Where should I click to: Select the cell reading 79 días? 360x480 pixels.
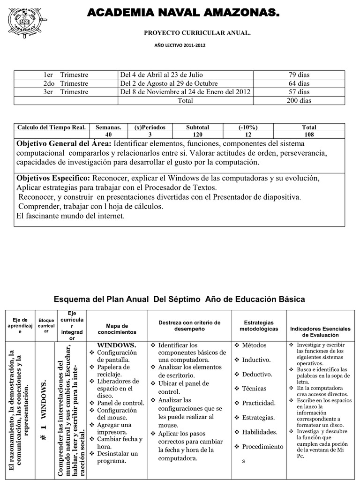(299, 75)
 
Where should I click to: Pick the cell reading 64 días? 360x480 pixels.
(299, 83)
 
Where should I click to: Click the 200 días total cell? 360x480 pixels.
(299, 100)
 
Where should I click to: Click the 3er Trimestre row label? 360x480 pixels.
(66, 92)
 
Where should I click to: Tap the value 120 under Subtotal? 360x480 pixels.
(197, 134)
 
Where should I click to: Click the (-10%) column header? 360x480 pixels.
(248, 127)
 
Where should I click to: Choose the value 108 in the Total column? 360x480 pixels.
(309, 134)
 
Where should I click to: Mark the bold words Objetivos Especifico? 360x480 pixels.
(53, 179)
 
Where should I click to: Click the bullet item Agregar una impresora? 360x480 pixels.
(117, 428)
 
